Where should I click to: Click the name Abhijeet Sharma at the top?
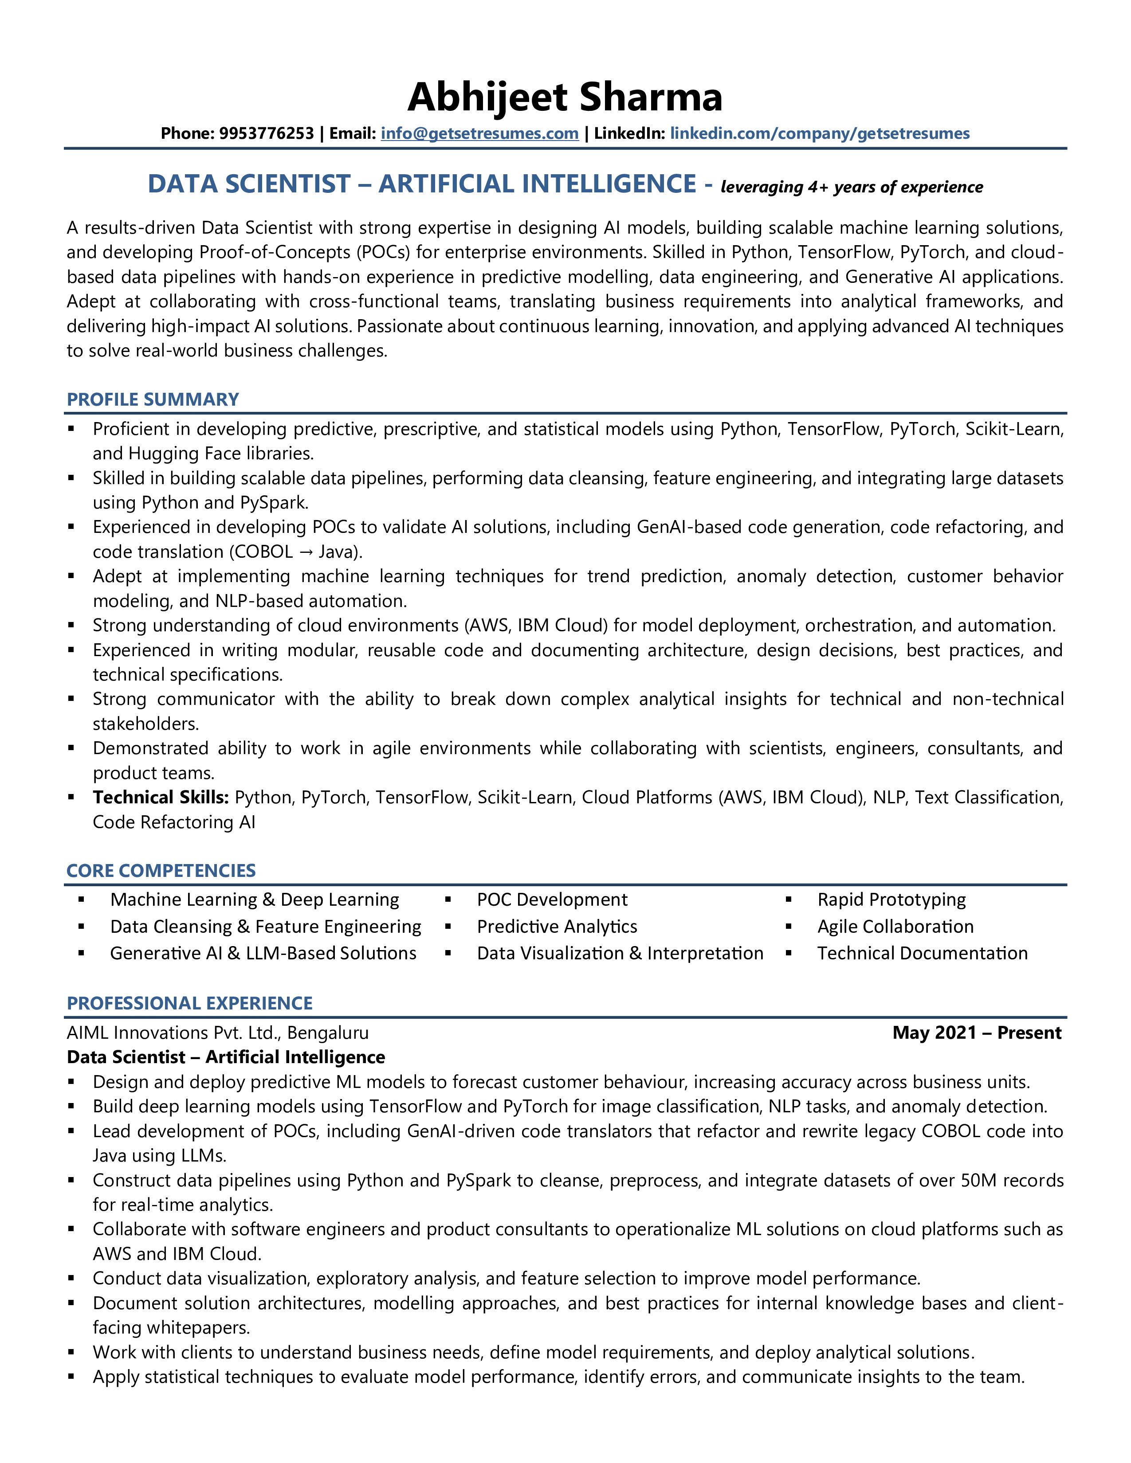[565, 97]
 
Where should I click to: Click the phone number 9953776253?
[266, 133]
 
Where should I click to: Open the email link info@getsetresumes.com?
[480, 133]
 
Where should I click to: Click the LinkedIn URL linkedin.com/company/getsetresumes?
[820, 133]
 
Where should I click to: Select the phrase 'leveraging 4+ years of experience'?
[852, 187]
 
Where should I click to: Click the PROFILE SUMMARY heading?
[153, 399]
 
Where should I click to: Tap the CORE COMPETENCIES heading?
[161, 870]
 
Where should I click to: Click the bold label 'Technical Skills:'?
[161, 797]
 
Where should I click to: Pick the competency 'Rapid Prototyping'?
[891, 899]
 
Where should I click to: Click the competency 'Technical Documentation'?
[922, 953]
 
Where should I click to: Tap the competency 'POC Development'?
[552, 899]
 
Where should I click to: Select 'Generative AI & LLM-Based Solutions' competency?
[263, 953]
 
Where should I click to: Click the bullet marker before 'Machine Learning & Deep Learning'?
[81, 899]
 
